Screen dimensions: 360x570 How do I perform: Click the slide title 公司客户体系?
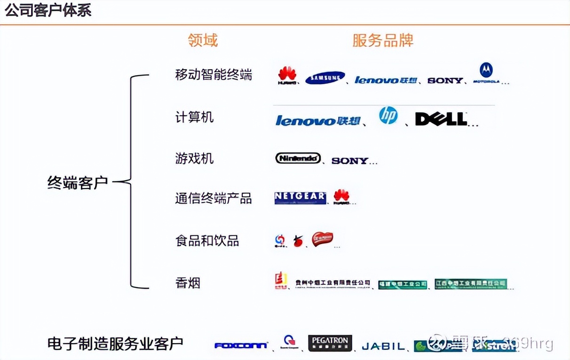48,10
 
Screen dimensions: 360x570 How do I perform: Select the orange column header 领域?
203,40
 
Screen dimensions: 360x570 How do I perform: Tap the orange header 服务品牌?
383,40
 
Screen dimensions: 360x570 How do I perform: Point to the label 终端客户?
78,182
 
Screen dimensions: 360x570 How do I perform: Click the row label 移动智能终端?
214,75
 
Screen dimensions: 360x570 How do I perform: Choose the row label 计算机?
194,117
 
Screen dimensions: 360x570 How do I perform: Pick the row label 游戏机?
194,158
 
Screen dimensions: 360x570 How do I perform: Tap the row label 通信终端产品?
214,198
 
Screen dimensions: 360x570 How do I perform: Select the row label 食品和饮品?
207,241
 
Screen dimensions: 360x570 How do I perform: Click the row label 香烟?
188,283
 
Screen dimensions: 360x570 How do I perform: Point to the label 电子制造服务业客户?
115,344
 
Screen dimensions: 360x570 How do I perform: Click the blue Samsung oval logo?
325,78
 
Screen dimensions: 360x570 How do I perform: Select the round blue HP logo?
388,115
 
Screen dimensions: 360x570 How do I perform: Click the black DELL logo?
441,119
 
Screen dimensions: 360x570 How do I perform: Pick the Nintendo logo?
298,158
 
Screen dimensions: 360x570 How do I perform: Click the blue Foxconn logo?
241,345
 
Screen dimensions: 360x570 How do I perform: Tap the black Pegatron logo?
330,343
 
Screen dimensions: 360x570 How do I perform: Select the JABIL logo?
383,346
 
